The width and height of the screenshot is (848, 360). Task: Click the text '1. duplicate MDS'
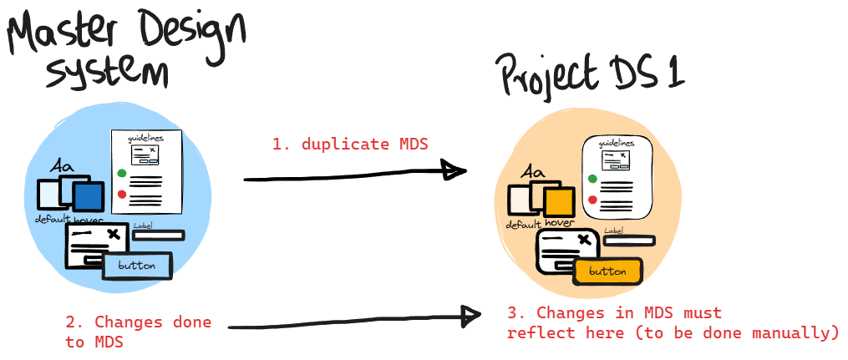pyautogui.click(x=350, y=144)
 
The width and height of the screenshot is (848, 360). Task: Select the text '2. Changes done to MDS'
pyautogui.click(x=139, y=331)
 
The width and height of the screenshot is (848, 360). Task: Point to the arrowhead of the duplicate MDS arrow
pyautogui.click(x=454, y=171)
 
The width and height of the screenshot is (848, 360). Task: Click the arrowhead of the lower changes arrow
pyautogui.click(x=470, y=316)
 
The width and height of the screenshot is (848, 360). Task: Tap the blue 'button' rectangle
pyautogui.click(x=137, y=266)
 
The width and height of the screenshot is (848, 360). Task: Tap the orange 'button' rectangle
pyautogui.click(x=607, y=271)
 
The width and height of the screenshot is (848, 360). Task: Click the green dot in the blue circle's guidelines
pyautogui.click(x=122, y=174)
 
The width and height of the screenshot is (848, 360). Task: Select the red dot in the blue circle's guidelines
pyautogui.click(x=122, y=195)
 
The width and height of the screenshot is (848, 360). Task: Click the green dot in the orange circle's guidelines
pyautogui.click(x=592, y=179)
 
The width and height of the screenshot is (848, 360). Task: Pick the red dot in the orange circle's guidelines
pyautogui.click(x=592, y=200)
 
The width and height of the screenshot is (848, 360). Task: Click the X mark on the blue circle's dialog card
pyautogui.click(x=114, y=235)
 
